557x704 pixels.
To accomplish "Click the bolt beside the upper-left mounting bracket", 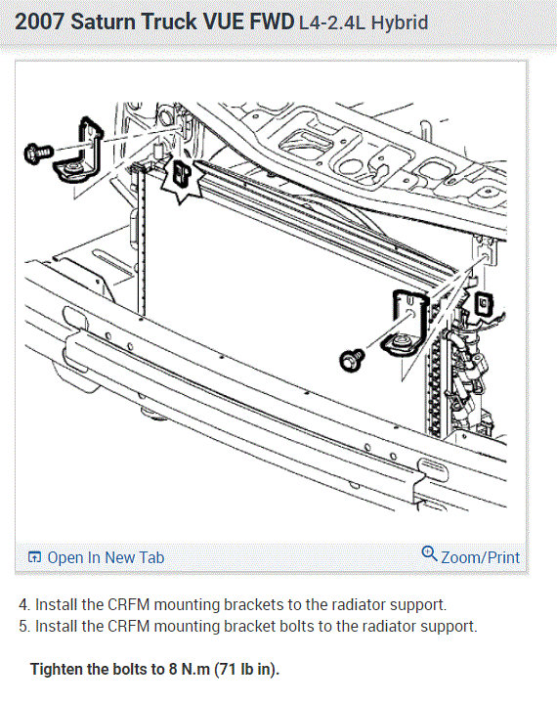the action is pos(39,154).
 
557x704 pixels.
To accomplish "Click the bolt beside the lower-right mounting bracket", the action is pos(353,360).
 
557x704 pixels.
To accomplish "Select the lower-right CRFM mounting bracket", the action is pos(406,323).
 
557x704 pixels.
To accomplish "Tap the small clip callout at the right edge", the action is pos(484,304).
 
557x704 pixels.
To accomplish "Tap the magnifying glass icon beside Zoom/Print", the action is pos(429,553).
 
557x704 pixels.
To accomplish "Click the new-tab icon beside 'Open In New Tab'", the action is pos(34,557).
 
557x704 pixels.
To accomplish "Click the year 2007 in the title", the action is pos(40,22).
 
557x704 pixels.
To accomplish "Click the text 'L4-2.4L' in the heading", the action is pos(332,22).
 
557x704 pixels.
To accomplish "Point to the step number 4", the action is pos(23,605).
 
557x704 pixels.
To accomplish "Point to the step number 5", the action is pos(23,627).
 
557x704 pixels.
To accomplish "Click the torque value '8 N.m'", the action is pos(190,670).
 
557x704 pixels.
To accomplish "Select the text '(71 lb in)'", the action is pos(247,670).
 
